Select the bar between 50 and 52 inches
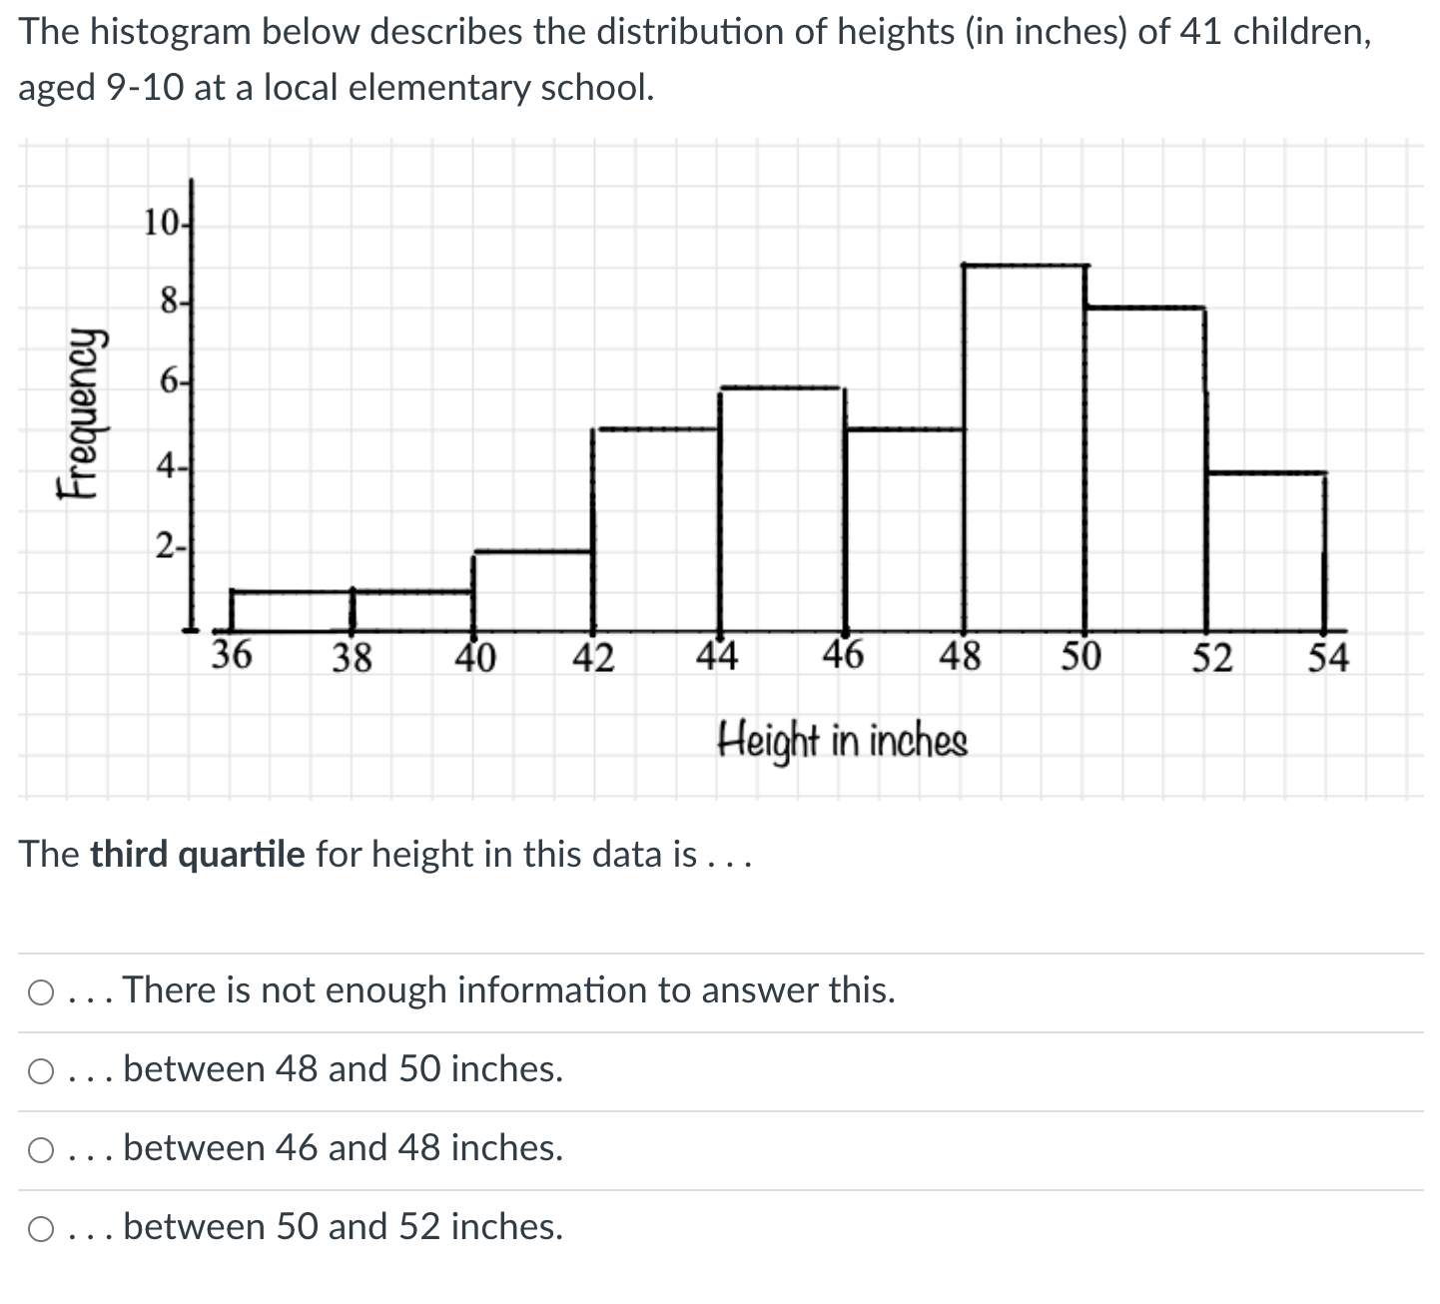click(x=1145, y=469)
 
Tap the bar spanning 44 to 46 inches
click(x=782, y=509)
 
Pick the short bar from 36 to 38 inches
click(x=292, y=611)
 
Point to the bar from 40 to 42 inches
click(x=533, y=591)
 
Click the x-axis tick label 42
click(x=593, y=658)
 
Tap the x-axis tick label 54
click(x=1328, y=658)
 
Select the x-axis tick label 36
click(x=232, y=656)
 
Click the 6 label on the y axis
click(x=168, y=383)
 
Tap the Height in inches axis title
click(x=843, y=742)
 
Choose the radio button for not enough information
click(x=41, y=992)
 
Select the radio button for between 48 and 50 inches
click(x=41, y=1071)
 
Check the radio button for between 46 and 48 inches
click(x=41, y=1150)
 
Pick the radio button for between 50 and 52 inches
click(x=41, y=1229)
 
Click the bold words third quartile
click(x=198, y=855)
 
